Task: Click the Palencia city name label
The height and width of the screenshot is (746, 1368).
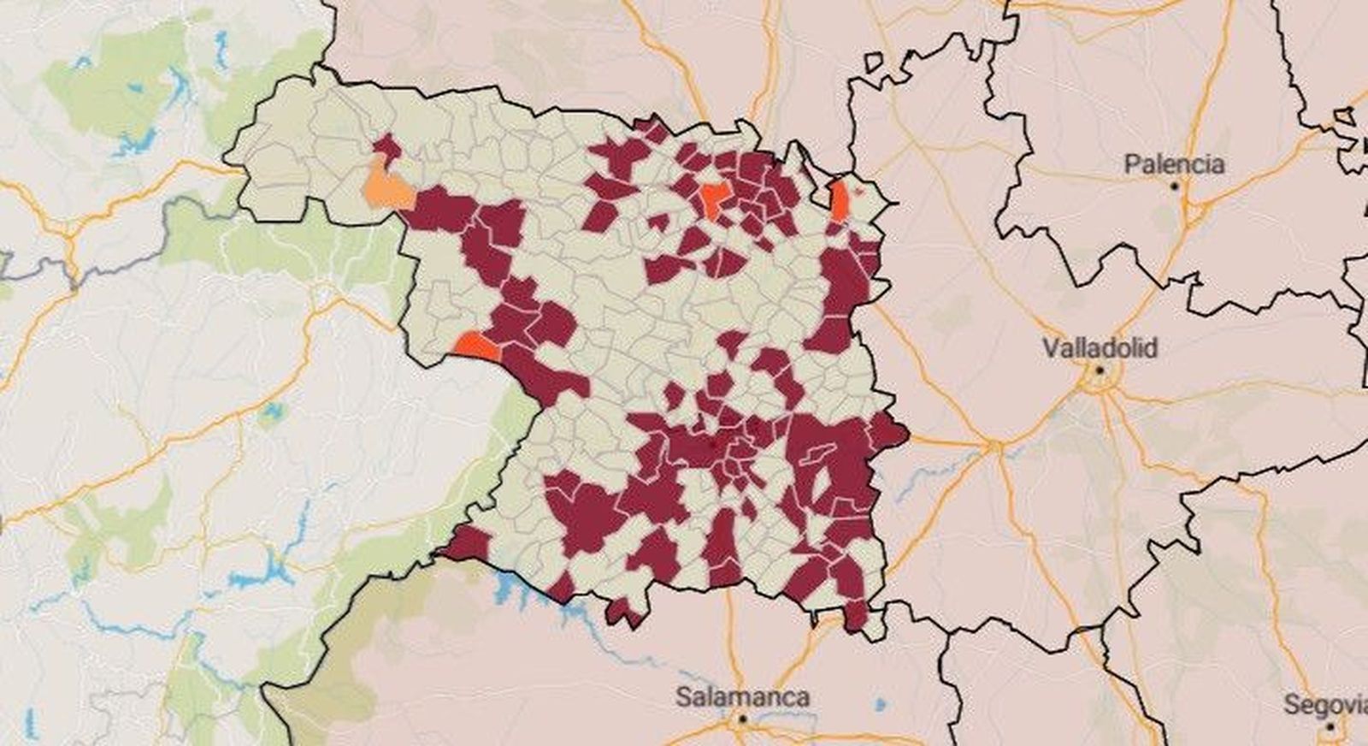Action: [1174, 163]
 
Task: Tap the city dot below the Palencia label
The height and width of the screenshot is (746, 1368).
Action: [1175, 186]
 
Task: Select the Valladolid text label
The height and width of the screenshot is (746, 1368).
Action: [1100, 348]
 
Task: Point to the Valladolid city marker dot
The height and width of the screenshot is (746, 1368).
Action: [1100, 370]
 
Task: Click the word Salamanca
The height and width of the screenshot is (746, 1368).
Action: [742, 696]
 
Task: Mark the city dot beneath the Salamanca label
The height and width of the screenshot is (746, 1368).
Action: [743, 719]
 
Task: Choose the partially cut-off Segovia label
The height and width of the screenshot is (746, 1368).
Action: [1325, 705]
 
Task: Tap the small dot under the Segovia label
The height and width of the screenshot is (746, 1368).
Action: [1330, 726]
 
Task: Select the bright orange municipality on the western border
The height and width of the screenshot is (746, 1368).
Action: [475, 346]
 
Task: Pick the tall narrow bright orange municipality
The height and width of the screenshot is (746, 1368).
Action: [840, 202]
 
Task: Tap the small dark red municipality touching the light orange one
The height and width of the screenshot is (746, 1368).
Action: [386, 146]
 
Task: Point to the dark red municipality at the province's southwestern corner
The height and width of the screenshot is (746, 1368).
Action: [466, 543]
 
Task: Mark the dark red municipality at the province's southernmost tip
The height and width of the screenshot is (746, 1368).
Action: [855, 616]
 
